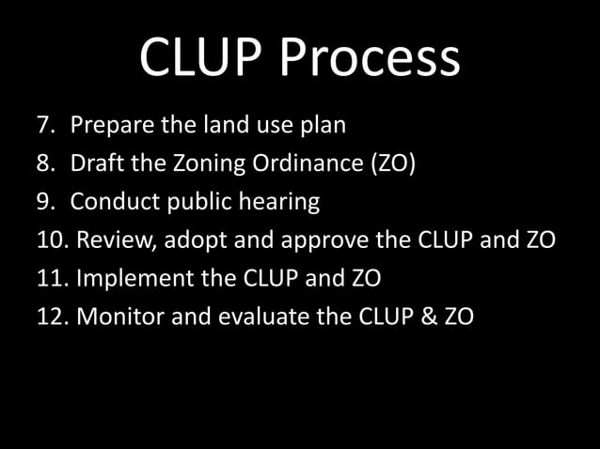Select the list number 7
pyautogui.click(x=44, y=125)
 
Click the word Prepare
pyautogui.click(x=108, y=125)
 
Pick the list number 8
pyautogui.click(x=44, y=163)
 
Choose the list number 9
pyautogui.click(x=44, y=202)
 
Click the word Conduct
pyautogui.click(x=109, y=202)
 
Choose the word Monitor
pyautogui.click(x=115, y=317)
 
